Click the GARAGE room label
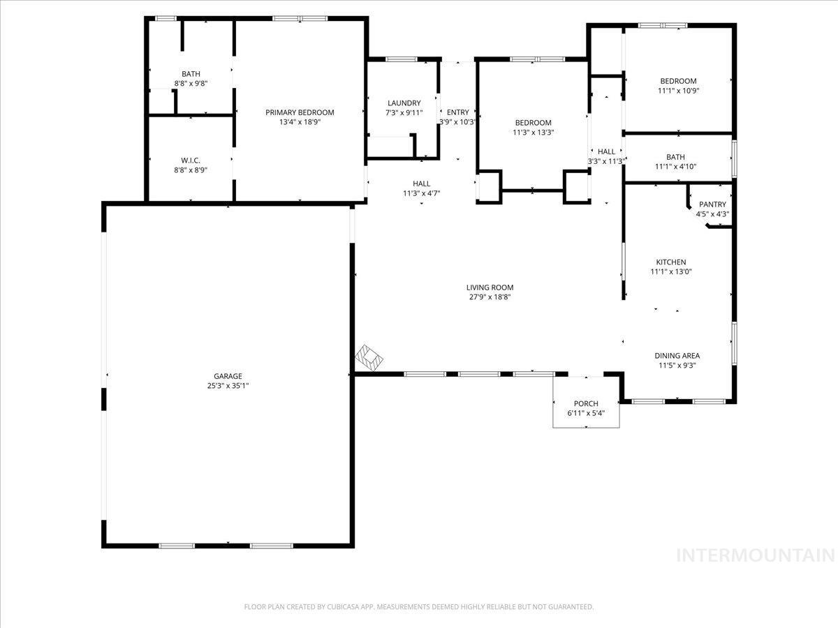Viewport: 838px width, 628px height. [228, 376]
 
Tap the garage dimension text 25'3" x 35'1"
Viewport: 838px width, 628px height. [228, 386]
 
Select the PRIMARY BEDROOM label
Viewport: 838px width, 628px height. [300, 112]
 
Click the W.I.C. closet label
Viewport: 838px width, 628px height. [191, 160]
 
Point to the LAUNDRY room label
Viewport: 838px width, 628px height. [404, 103]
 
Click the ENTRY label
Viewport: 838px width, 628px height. [458, 112]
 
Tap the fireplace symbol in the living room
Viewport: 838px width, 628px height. [370, 358]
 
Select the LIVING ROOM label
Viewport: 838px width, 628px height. [490, 287]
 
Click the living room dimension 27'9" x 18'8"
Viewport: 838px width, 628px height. [490, 297]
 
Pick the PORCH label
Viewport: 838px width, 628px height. [586, 403]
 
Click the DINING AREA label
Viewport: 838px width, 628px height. [677, 355]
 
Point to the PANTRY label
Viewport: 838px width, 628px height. [712, 204]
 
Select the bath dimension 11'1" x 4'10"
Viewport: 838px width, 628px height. [676, 167]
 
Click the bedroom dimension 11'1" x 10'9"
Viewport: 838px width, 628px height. [678, 91]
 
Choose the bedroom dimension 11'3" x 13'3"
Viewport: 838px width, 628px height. [533, 133]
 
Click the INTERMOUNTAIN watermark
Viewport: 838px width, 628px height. [756, 555]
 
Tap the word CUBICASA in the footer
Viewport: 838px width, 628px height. [341, 607]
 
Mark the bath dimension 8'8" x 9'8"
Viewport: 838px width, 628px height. [191, 84]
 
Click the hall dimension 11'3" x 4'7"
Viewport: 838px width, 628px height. [421, 193]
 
